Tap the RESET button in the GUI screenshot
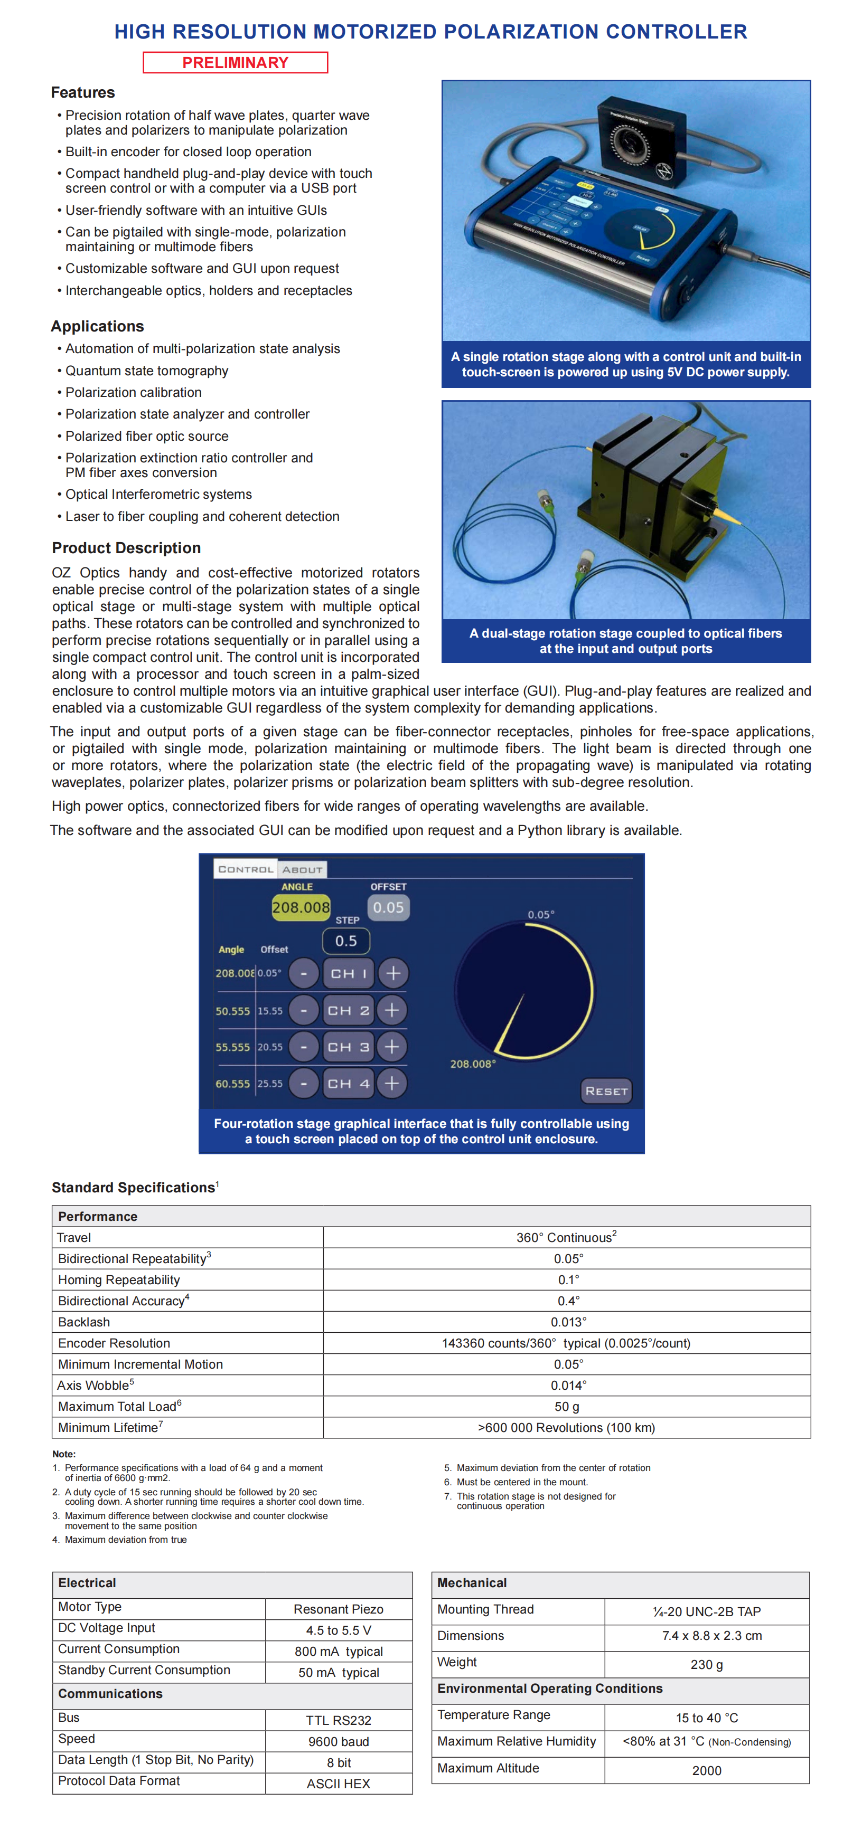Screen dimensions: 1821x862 (606, 1091)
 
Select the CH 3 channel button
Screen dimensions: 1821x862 (348, 1047)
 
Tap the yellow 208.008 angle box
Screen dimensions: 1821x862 (301, 907)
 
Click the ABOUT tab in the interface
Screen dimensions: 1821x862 (302, 869)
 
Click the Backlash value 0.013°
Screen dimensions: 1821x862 (568, 1322)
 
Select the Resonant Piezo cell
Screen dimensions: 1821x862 (338, 1609)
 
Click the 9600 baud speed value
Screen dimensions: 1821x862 (338, 1741)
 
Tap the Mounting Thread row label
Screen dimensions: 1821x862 (485, 1609)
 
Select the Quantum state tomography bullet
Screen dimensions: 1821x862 (146, 371)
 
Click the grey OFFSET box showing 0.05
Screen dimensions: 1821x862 (388, 907)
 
